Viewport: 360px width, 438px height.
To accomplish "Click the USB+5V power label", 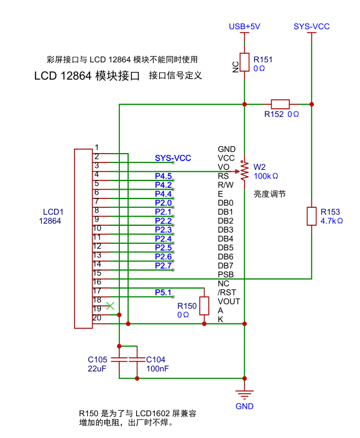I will tap(244, 27).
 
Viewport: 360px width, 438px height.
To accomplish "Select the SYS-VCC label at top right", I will tap(312, 27).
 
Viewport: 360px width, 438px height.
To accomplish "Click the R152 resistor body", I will tap(280, 104).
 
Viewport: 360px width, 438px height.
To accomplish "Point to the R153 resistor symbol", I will tap(312, 216).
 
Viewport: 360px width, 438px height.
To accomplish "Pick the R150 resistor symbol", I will tap(204, 306).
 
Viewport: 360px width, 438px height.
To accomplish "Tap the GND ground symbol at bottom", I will tap(245, 393).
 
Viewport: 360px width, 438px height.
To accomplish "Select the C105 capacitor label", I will tap(98, 360).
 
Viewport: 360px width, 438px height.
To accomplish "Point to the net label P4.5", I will tap(164, 176).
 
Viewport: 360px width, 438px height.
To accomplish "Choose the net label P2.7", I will tap(164, 266).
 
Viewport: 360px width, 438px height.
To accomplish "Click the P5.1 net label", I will tap(164, 292).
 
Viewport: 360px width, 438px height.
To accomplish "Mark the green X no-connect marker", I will tap(110, 305).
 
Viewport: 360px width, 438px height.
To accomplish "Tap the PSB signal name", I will tap(226, 274).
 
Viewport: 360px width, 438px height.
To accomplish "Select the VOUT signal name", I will tap(229, 301).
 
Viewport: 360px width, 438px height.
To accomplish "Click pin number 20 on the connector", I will tap(96, 318).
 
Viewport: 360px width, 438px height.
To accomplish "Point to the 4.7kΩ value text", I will tap(331, 221).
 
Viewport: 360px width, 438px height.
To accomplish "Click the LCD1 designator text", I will tap(53, 212).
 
